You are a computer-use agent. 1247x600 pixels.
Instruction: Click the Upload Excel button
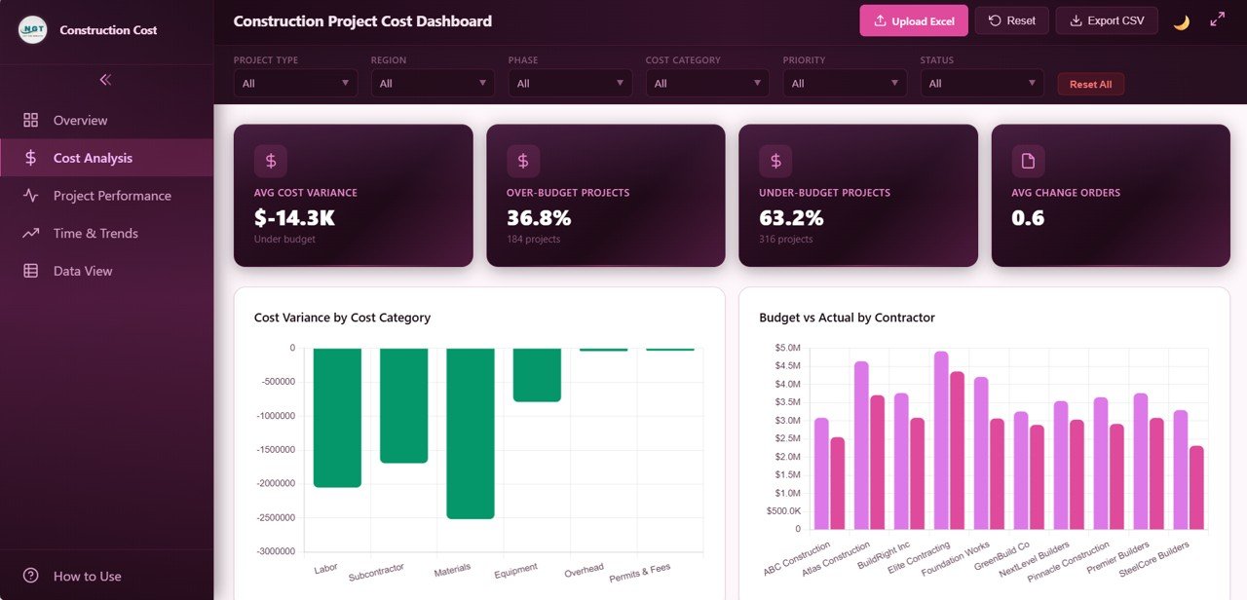click(913, 20)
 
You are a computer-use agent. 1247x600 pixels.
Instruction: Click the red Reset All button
click(1090, 84)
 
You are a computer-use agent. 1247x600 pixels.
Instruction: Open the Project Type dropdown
click(295, 84)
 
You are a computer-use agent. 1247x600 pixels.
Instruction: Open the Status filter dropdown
click(981, 84)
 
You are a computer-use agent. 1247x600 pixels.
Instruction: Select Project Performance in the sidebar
click(111, 196)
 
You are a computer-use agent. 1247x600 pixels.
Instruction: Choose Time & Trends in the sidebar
click(94, 234)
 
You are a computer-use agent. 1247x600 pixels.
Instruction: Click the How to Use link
click(87, 576)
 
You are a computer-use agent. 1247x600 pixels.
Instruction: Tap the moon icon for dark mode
click(1181, 21)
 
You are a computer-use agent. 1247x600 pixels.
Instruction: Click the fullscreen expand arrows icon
click(1217, 19)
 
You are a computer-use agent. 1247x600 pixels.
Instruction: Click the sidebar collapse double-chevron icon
click(105, 80)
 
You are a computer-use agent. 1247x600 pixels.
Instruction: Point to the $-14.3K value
click(294, 217)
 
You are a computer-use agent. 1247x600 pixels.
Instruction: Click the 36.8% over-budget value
click(539, 217)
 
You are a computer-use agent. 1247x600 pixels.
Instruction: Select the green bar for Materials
click(471, 432)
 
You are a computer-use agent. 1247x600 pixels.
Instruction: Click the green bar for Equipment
click(537, 374)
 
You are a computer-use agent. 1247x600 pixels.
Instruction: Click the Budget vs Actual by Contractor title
click(846, 318)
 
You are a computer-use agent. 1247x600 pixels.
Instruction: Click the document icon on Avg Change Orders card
click(1028, 161)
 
